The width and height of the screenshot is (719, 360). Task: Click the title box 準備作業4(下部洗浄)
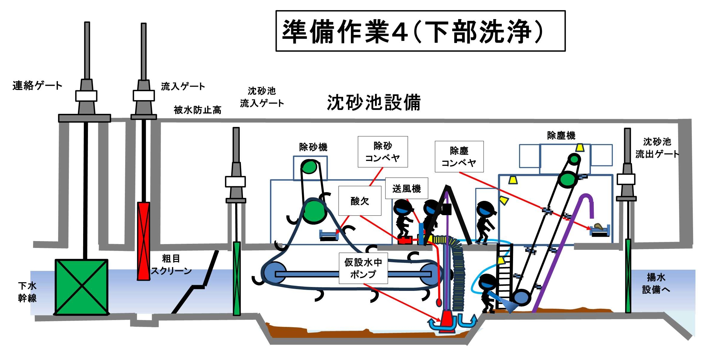click(420, 31)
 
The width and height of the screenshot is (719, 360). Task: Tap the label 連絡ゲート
click(37, 86)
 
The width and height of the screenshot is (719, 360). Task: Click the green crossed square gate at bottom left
click(81, 287)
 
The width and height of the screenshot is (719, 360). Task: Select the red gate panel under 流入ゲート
click(143, 241)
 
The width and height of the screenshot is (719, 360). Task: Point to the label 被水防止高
click(197, 110)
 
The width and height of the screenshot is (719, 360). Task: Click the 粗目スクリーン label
click(171, 265)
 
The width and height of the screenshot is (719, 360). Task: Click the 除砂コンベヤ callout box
click(383, 152)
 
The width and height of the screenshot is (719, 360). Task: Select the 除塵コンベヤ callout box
click(459, 156)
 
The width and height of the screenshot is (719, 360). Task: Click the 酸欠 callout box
click(360, 201)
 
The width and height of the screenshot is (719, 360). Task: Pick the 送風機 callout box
click(407, 188)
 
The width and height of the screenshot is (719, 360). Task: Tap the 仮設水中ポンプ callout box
click(363, 268)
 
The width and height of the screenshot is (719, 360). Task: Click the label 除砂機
click(313, 147)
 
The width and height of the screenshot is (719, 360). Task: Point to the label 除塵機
click(561, 136)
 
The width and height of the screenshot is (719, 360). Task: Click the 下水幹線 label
click(27, 292)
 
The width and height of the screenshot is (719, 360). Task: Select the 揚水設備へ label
click(656, 283)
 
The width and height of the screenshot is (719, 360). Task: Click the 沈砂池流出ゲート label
click(657, 148)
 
